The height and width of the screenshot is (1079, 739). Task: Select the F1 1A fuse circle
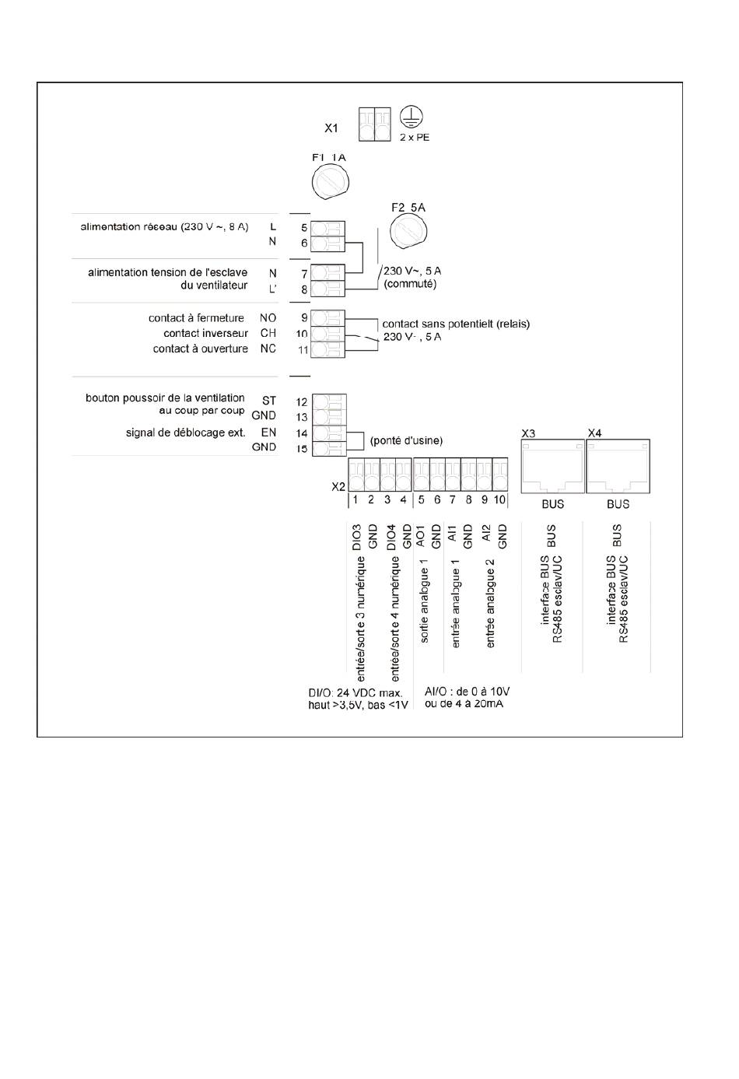[x=330, y=184]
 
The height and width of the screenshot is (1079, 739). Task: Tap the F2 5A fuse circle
[x=408, y=231]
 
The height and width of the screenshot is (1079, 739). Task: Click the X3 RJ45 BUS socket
[x=552, y=466]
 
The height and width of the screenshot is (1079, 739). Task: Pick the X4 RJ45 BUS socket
[x=618, y=466]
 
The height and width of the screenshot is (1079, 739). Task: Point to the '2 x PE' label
[x=415, y=138]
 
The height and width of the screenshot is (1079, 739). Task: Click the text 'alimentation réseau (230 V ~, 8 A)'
[x=164, y=227]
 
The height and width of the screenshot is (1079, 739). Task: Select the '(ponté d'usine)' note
[x=406, y=440]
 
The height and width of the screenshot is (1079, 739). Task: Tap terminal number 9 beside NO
[x=304, y=318]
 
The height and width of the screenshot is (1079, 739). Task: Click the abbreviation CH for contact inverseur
[x=268, y=333]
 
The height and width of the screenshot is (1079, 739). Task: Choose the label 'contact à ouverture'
[x=200, y=349]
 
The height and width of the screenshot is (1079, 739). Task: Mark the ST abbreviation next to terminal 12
[x=268, y=401]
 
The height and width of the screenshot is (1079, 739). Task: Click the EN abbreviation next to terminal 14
[x=268, y=432]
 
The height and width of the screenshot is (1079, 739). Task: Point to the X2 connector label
[x=338, y=486]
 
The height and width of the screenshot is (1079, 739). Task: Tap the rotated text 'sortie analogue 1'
[x=425, y=605]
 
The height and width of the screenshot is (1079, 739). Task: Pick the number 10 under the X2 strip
[x=499, y=499]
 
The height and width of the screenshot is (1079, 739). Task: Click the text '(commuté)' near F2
[x=410, y=284]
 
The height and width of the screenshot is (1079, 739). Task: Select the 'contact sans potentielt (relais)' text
[x=456, y=324]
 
